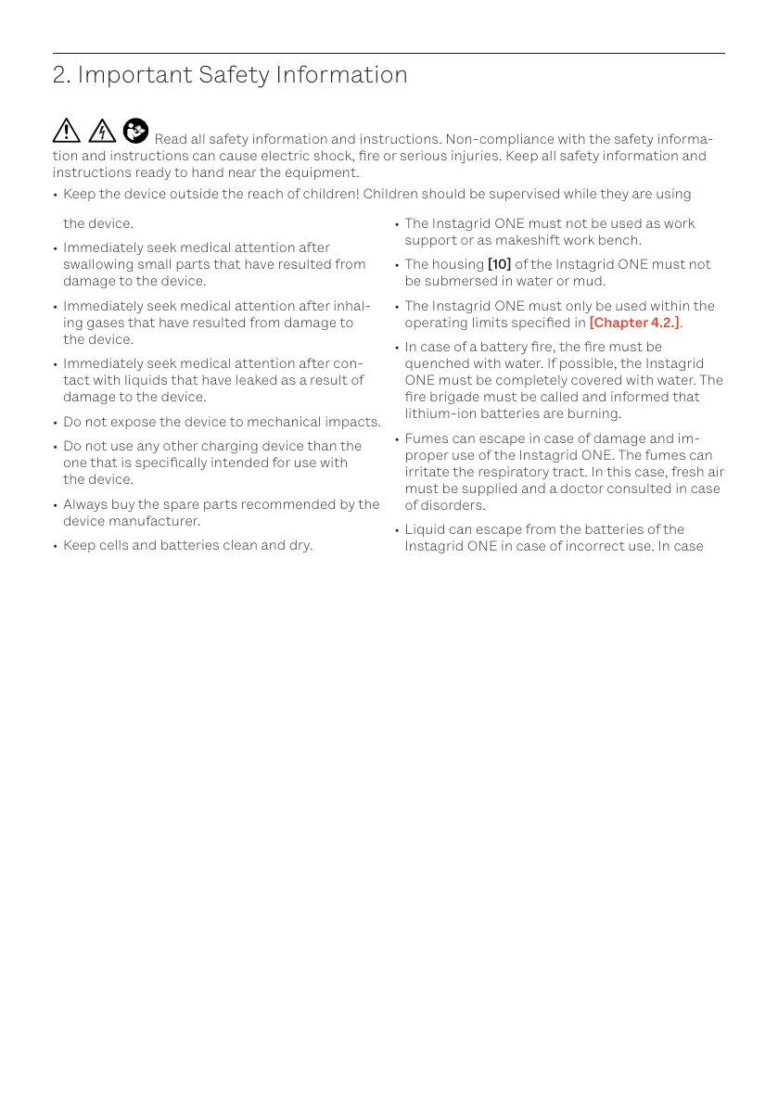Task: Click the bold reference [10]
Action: click(x=499, y=264)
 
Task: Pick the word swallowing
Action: click(x=99, y=264)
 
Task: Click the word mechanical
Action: click(x=284, y=422)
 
